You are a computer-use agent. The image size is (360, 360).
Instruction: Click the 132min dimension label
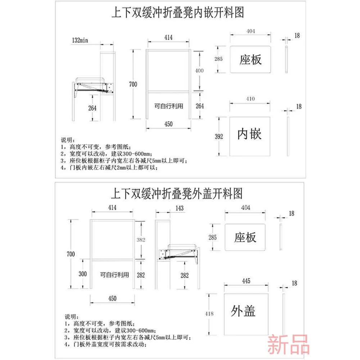coord(80,40)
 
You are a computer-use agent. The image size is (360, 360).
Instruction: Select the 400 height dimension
coord(199,71)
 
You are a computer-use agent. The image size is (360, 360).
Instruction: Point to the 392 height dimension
coord(219,136)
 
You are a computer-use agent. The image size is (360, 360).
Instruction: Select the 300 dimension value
coord(83,274)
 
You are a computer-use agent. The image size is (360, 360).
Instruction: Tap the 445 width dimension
coord(246,281)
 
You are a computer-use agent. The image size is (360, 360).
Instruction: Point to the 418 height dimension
coord(209,314)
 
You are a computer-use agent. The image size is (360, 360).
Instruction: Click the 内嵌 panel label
coord(249,134)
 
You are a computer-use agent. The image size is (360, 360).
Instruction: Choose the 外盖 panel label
coord(244,311)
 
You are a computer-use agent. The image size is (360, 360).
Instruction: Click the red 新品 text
coord(288,344)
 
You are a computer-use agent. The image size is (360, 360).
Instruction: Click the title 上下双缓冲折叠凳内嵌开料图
coord(177,13)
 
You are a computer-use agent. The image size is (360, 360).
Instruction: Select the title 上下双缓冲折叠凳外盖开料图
coord(176,193)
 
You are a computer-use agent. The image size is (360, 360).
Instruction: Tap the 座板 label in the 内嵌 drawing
coord(251,59)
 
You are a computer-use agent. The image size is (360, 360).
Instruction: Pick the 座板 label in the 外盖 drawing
coord(245,238)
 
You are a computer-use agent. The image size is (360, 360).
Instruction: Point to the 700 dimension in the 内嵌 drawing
coord(133,84)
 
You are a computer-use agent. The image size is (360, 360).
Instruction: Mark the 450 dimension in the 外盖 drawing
coord(112,298)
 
